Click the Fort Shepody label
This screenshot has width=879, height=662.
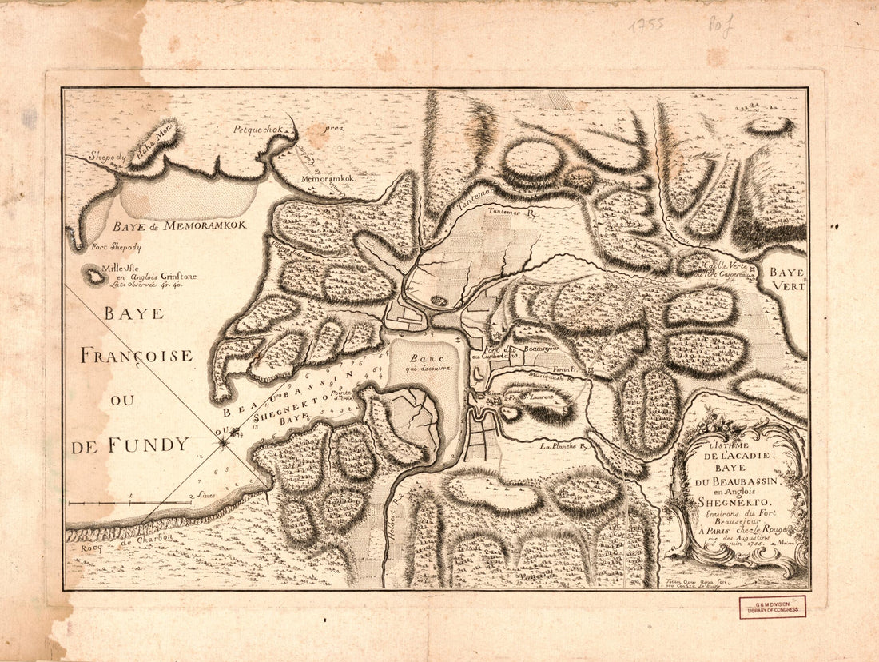coord(116,248)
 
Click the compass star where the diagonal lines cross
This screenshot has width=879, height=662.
coord(225,436)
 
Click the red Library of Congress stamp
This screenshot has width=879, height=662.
coord(772,607)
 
